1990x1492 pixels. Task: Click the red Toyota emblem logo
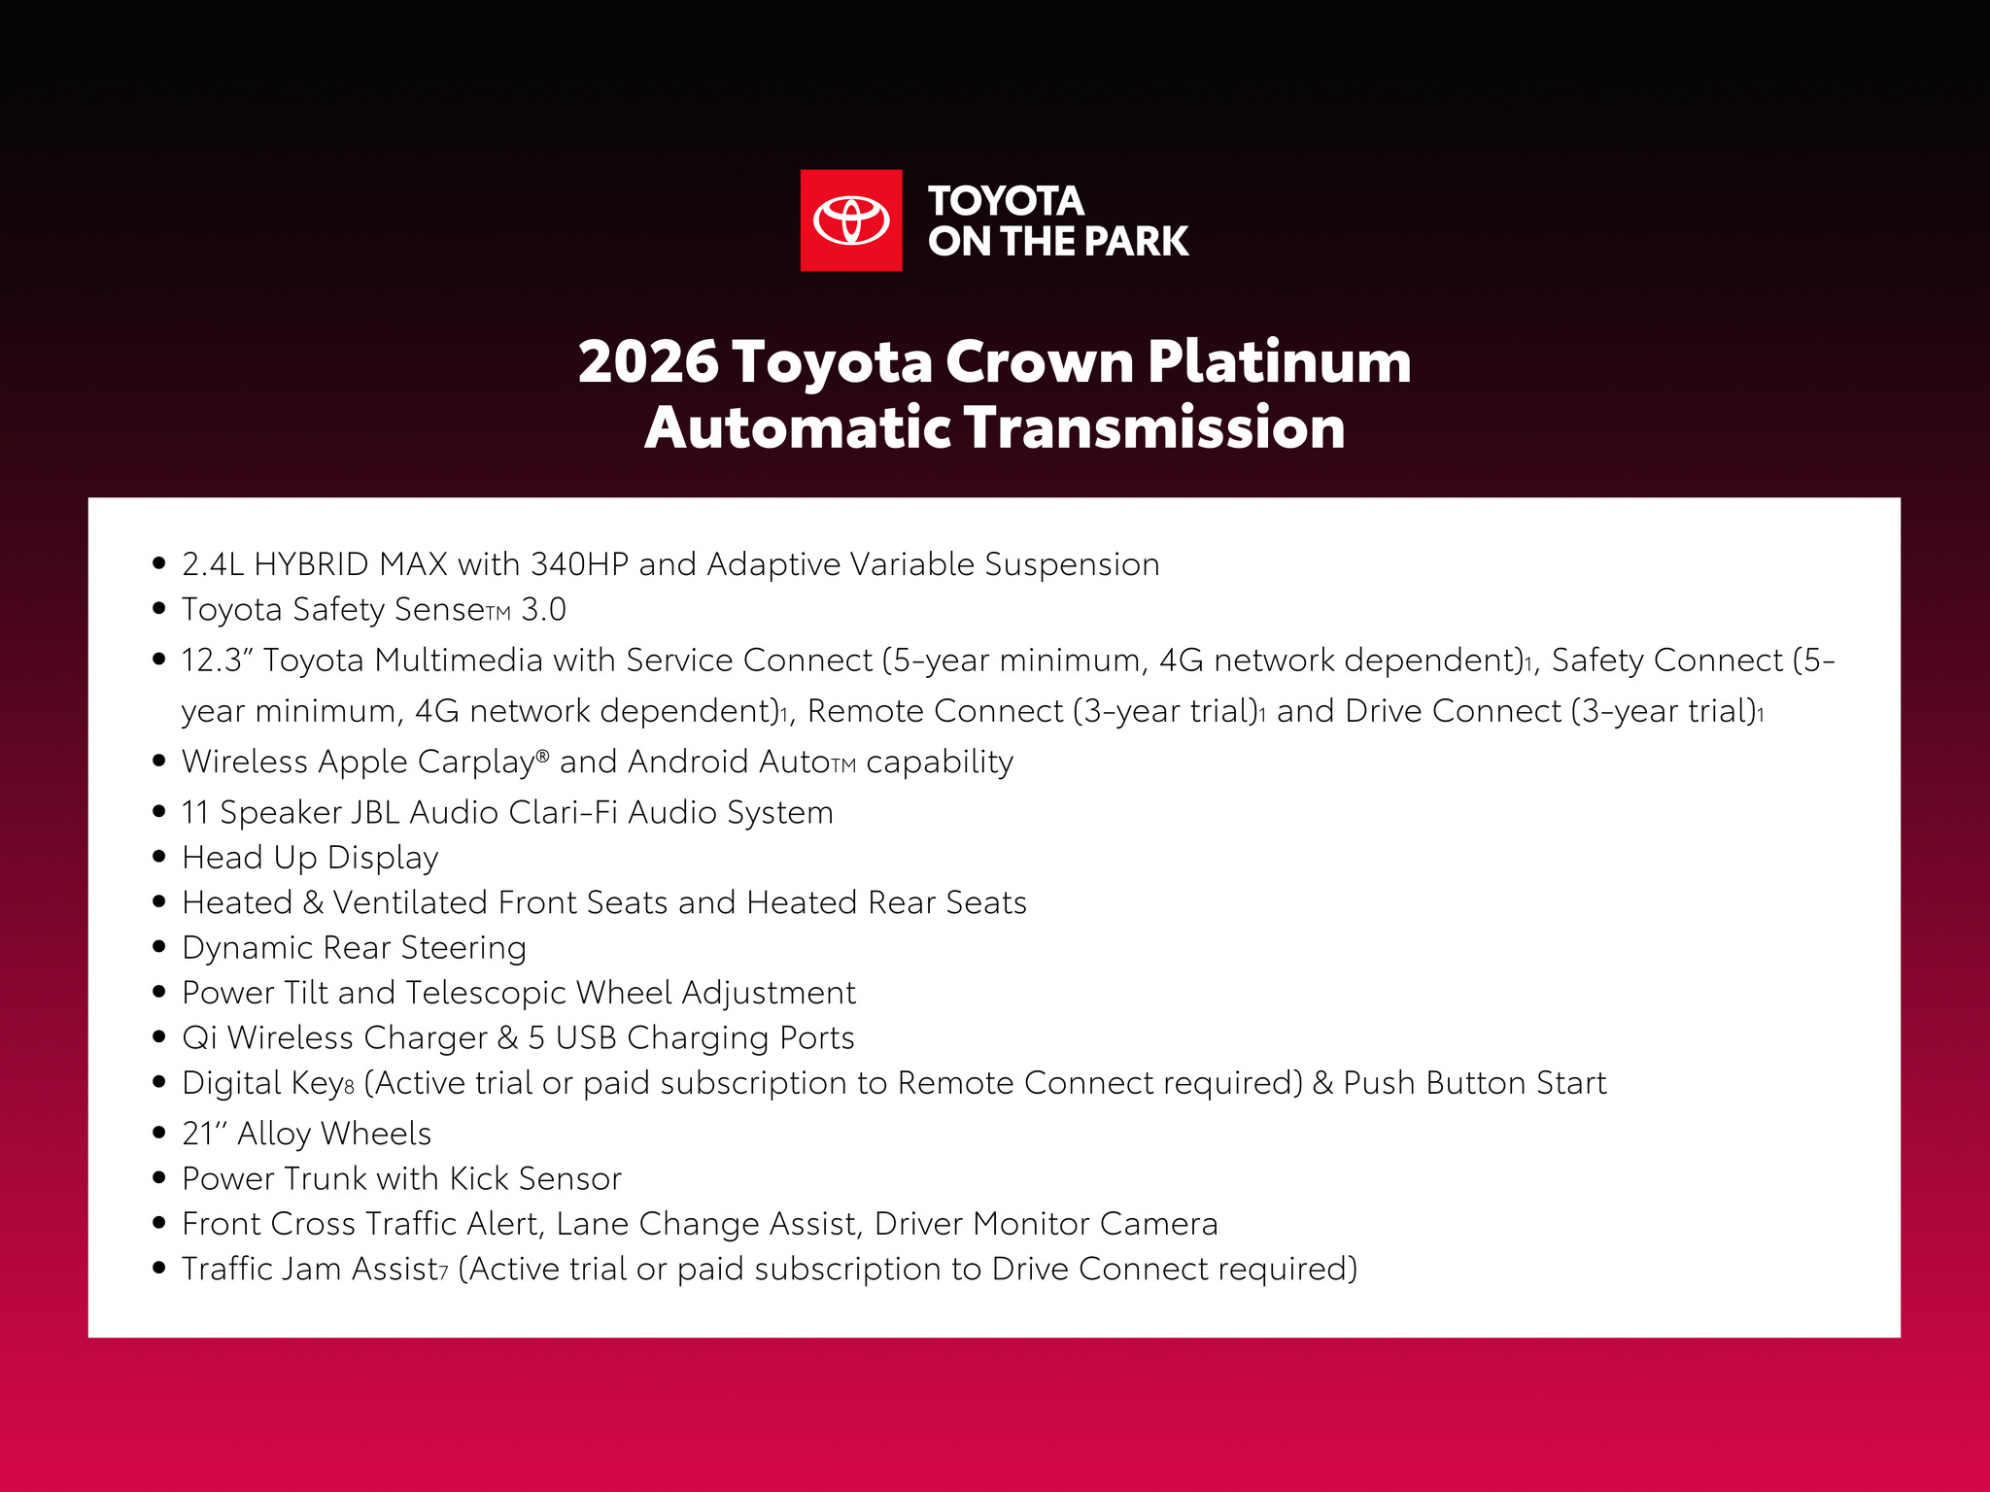[x=851, y=220]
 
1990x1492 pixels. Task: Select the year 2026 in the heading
[x=648, y=362]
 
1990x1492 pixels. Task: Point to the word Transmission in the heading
[x=1154, y=428]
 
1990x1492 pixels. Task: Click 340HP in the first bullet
[x=579, y=564]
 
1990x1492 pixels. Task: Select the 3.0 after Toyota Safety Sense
[x=544, y=610]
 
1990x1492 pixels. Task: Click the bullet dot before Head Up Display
[x=160, y=857]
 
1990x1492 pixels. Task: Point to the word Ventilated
[x=410, y=903]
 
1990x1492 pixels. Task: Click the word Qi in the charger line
[x=199, y=1038]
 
